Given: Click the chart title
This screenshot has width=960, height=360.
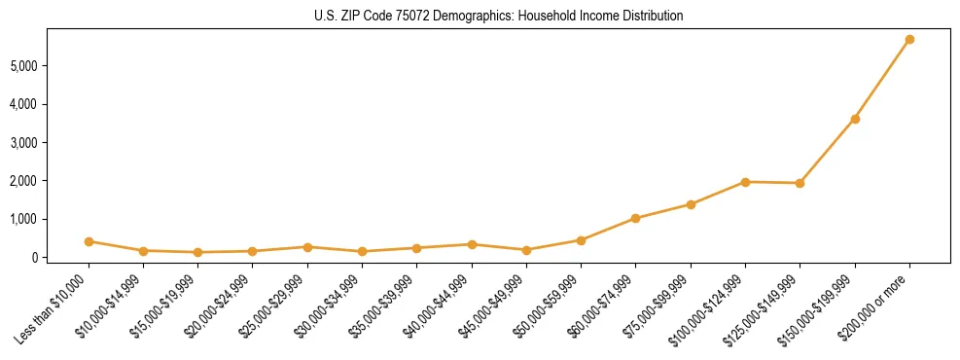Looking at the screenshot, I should point(499,16).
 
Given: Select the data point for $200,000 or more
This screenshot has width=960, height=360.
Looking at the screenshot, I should point(909,40).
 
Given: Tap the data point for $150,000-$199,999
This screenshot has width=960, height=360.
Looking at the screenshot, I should point(855,119).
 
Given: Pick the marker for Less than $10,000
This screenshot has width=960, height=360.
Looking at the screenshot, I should point(89,241).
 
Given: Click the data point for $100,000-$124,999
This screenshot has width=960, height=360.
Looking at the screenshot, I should point(745,182).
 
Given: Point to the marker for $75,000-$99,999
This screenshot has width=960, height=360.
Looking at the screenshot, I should point(691,204).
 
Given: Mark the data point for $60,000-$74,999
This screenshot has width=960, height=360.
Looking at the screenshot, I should point(636,218).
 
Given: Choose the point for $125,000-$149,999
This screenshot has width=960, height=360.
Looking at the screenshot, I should point(800,183).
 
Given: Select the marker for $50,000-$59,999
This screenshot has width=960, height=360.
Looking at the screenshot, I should point(581,240).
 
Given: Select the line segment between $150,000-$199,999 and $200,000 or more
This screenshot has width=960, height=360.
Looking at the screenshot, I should point(882,80).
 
